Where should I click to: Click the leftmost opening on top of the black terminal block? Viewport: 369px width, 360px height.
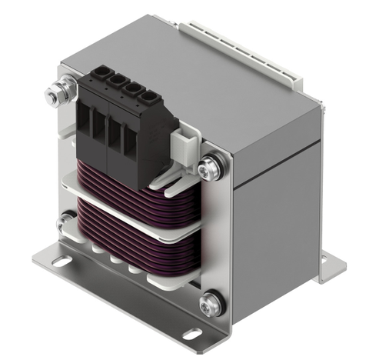pyautogui.click(x=99, y=77)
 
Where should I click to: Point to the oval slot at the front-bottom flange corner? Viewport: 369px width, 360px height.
pyautogui.click(x=192, y=333)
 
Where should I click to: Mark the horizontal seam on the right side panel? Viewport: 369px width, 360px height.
pyautogui.click(x=277, y=168)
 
